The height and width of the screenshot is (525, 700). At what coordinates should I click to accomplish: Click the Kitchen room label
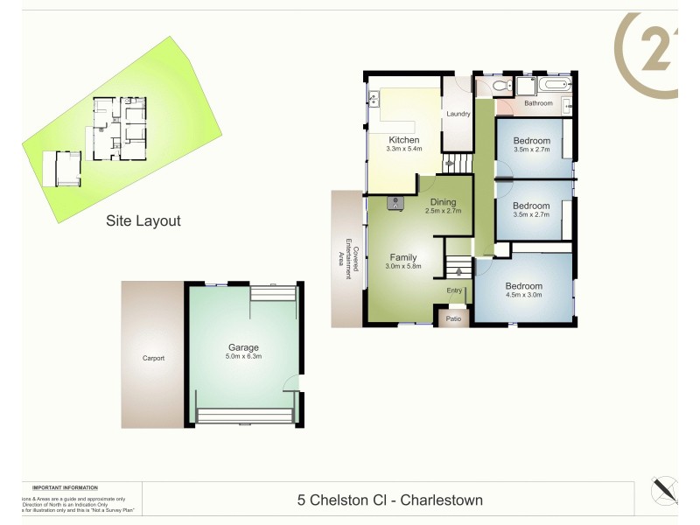[x=404, y=140]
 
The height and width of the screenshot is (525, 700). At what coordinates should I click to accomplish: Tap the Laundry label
[x=458, y=115]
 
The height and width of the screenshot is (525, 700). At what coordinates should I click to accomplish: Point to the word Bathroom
[x=538, y=103]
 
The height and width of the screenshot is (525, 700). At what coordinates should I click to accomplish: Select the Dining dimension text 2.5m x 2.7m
[x=443, y=211]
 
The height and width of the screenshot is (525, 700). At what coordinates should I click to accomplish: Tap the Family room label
[x=403, y=257]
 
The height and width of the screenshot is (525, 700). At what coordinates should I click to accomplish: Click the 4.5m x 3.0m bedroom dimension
[x=523, y=295]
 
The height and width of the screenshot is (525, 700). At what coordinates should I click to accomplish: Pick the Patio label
[x=454, y=318]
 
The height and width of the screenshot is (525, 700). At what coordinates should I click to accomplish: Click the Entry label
[x=454, y=290]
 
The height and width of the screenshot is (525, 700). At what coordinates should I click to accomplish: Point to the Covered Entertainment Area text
[x=348, y=258]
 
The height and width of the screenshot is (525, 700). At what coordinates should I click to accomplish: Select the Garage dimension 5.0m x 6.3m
[x=243, y=356]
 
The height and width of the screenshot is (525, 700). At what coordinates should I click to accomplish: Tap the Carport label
[x=153, y=358]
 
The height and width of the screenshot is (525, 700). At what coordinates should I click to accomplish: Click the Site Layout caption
[x=143, y=221]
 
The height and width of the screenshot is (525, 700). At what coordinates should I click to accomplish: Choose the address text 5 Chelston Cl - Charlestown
[x=390, y=500]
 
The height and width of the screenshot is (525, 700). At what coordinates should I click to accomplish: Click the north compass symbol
[x=665, y=489]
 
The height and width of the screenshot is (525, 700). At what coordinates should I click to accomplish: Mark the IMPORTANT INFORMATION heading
[x=65, y=487]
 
